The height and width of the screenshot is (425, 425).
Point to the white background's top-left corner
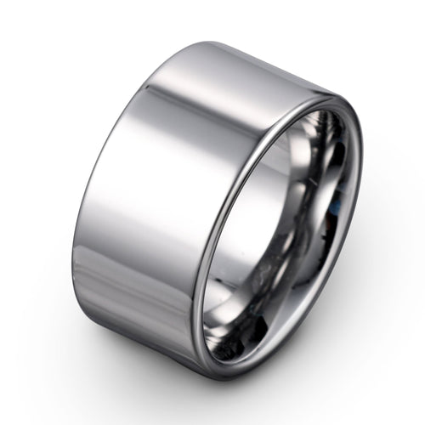[4, 4]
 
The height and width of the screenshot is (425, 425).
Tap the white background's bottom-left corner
[4, 420]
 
